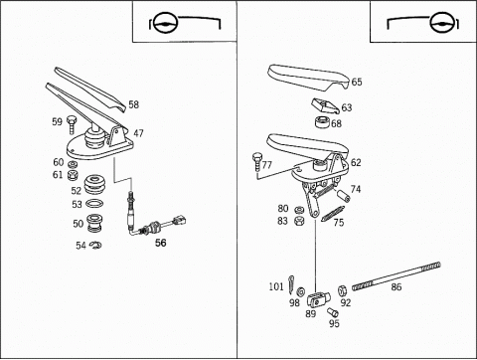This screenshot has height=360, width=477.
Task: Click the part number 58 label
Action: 134,104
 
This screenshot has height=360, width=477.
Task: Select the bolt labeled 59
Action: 72,124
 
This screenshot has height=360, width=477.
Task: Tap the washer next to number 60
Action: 73,164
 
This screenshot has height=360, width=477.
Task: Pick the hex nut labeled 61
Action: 73,175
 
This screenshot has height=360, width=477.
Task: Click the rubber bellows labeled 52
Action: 94,185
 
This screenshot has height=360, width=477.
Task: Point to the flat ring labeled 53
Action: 94,203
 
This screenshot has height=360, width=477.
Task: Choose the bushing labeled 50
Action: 94,223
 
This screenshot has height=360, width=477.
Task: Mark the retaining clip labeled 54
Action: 95,245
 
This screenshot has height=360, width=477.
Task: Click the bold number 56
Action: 161,243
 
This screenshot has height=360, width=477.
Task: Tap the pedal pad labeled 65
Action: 308,78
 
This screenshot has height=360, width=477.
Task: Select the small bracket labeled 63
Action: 325,105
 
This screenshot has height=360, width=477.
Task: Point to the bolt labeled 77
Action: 257,161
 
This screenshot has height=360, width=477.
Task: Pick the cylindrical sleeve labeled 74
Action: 344,196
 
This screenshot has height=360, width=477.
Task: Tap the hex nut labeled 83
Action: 299,221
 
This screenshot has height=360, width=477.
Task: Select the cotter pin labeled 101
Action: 291,284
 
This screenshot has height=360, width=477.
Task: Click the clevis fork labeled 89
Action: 318,300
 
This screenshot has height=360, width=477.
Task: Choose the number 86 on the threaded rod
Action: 397,286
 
